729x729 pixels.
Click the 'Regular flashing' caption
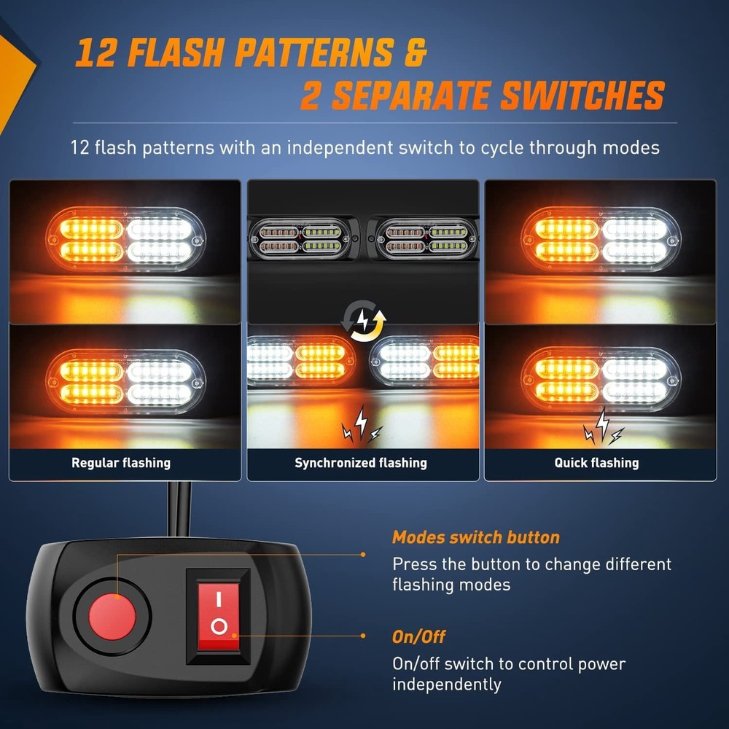121,463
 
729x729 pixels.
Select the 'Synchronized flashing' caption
360,463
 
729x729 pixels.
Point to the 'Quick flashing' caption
596,463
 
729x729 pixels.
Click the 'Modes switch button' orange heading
475,538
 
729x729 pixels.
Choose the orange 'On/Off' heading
418,637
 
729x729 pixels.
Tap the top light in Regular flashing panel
125,240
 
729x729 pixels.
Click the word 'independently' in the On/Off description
446,685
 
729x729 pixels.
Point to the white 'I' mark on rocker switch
218,598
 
